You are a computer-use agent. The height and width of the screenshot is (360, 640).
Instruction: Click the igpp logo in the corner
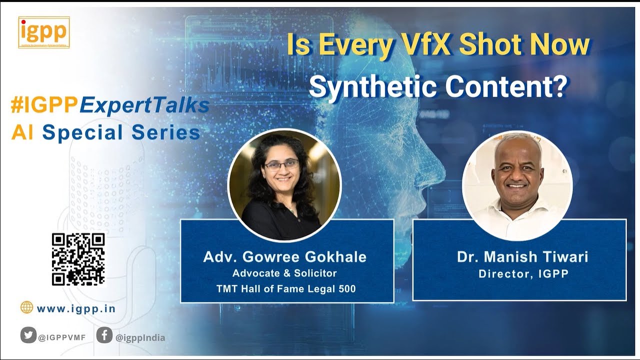coord(44,32)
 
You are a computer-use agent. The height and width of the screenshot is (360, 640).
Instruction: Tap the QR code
coord(78,259)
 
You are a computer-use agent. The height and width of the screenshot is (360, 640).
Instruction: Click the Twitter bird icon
coord(28,334)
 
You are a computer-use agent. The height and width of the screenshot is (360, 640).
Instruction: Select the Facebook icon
coord(104,334)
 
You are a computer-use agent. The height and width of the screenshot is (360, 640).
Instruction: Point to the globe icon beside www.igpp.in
coord(26,307)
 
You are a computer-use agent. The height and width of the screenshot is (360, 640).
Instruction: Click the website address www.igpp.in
coord(76,308)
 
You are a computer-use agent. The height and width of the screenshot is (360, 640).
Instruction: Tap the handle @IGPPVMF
coord(62,337)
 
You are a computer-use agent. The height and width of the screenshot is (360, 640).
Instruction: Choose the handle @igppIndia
coord(140,337)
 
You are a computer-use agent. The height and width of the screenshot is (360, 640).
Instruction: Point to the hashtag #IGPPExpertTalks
coord(110,105)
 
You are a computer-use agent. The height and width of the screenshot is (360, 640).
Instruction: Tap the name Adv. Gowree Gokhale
coord(285,257)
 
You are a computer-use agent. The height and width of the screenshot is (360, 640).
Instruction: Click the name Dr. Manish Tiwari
coord(522,257)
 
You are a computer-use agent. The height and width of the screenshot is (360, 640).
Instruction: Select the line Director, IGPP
coord(523,274)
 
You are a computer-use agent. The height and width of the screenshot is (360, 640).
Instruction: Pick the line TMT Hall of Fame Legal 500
coord(286,288)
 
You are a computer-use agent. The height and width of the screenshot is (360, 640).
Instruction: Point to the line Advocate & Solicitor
coord(284,273)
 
